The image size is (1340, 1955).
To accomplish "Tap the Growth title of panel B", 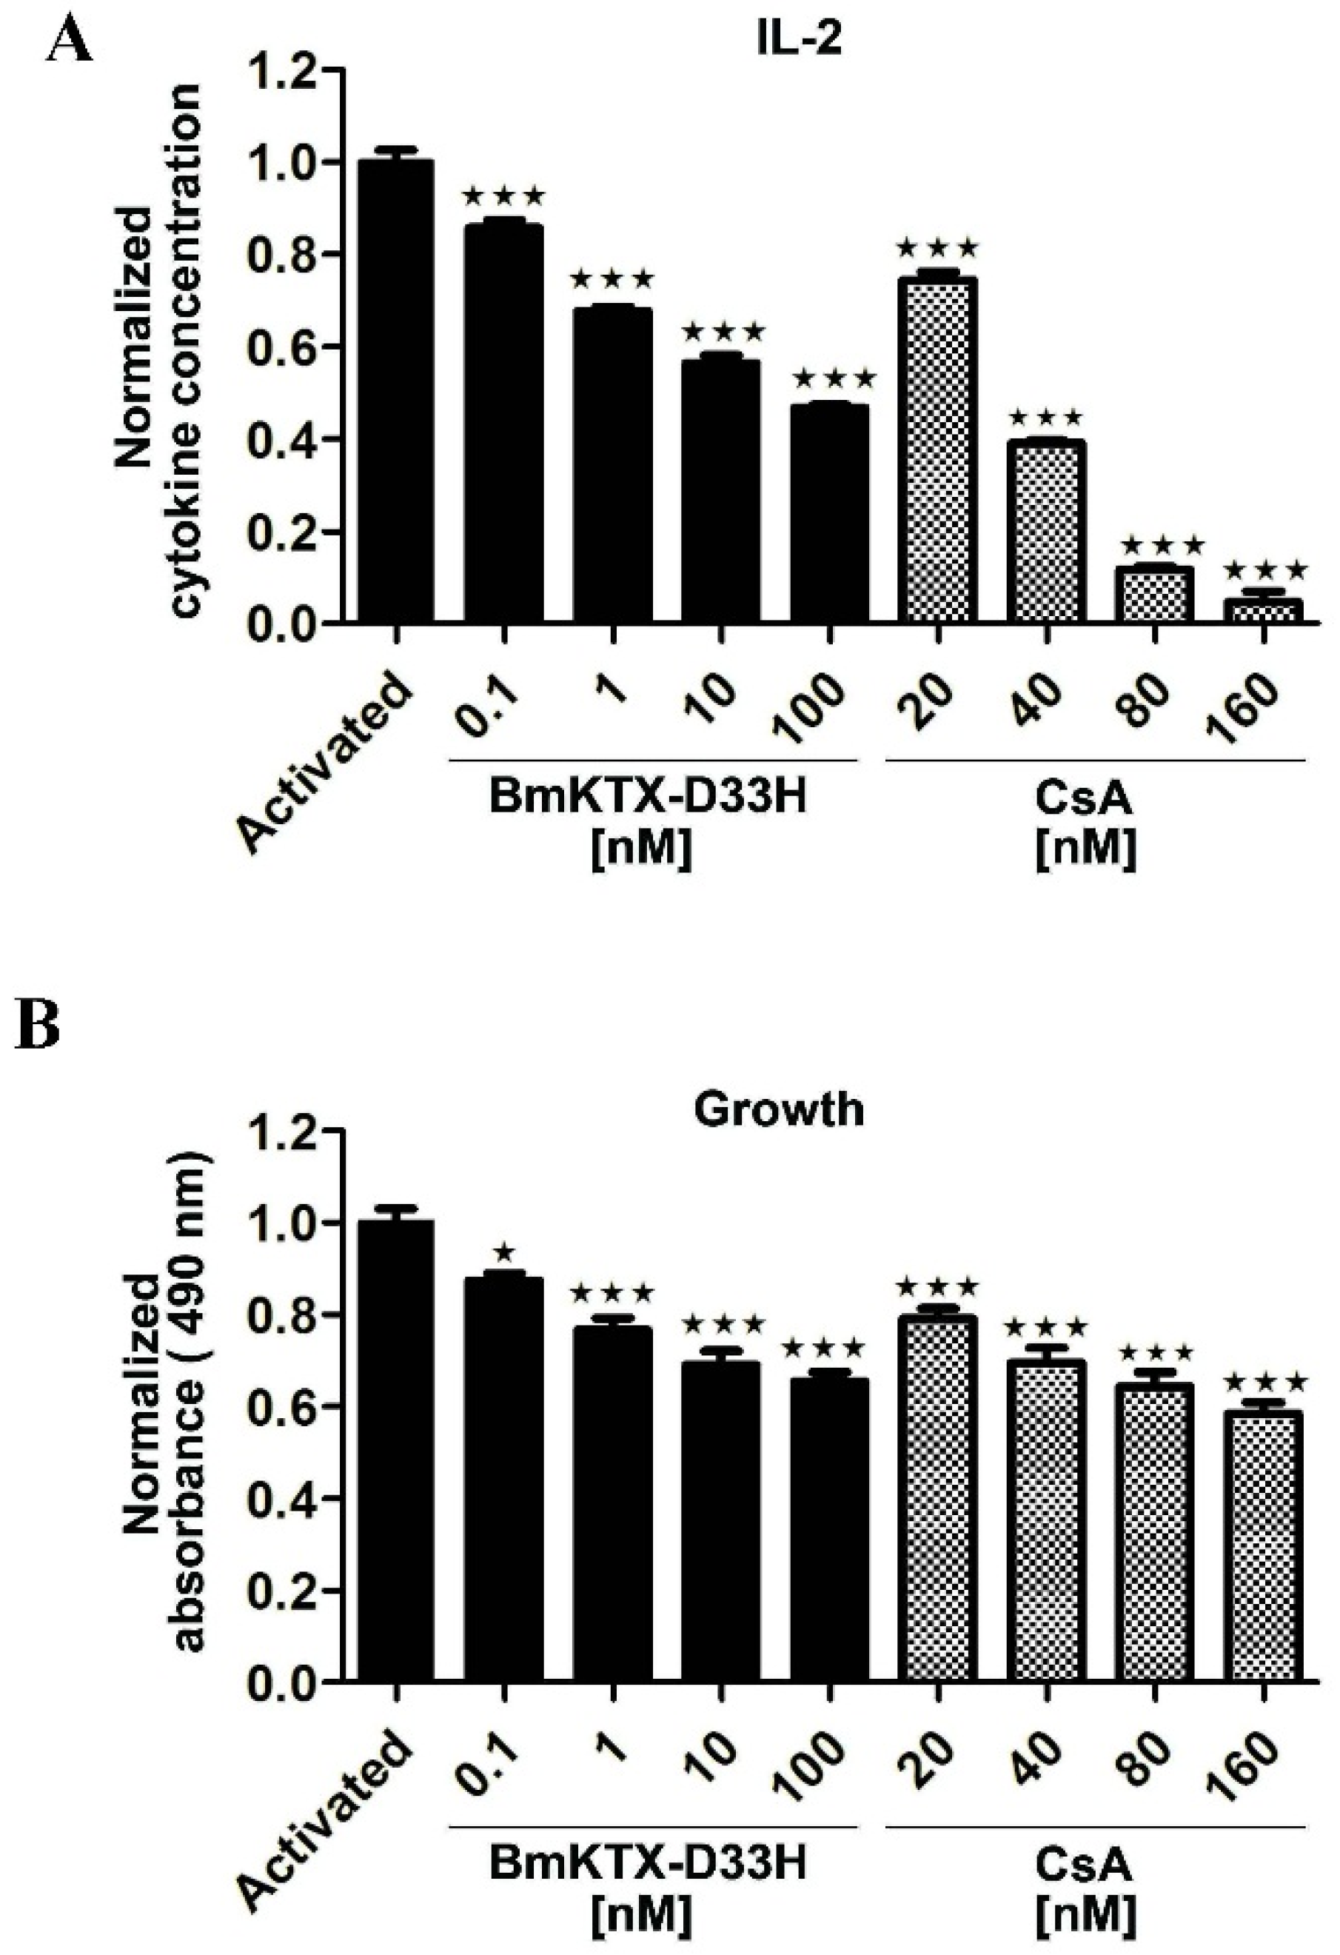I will (778, 1109).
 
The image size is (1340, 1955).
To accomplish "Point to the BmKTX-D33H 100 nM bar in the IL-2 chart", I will (829, 513).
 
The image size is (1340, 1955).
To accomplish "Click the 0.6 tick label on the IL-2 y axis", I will (286, 347).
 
